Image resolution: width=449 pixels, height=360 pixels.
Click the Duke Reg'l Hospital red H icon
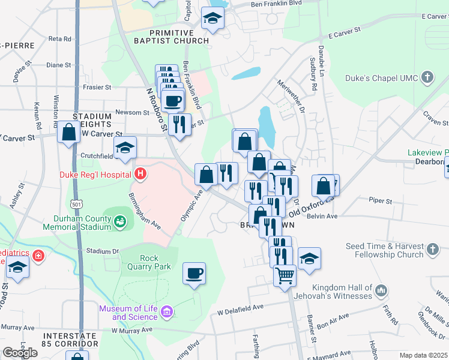(140, 175)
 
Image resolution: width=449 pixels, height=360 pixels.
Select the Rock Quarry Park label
(147, 262)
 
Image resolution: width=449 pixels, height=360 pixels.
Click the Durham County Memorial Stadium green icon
(121, 222)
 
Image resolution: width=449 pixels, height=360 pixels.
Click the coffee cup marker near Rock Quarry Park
(194, 274)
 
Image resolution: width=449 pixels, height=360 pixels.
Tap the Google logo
(20, 353)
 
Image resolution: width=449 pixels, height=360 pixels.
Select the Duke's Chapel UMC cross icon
(427, 77)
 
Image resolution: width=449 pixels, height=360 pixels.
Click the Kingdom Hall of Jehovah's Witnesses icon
(381, 292)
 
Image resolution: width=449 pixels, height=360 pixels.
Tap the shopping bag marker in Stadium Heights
(69, 132)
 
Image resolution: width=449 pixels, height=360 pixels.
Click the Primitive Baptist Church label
(172, 37)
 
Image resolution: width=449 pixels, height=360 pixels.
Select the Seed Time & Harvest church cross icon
(432, 249)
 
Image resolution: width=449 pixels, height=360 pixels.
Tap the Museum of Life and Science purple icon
(167, 312)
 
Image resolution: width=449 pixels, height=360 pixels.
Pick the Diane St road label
(58, 65)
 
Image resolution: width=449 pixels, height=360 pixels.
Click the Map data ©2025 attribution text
(423, 355)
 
